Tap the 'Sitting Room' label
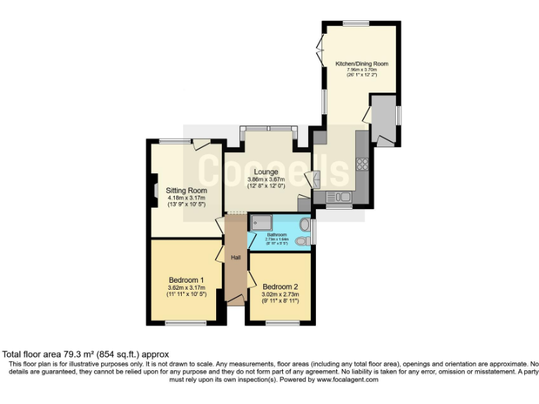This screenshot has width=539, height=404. (x=186, y=190)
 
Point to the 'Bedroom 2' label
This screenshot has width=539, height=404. (x=281, y=286)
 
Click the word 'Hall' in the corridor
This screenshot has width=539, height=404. (x=236, y=258)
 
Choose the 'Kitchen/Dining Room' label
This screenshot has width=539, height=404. (x=361, y=63)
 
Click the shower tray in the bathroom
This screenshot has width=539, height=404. (x=261, y=222)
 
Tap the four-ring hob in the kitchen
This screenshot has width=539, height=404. (x=363, y=165)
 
